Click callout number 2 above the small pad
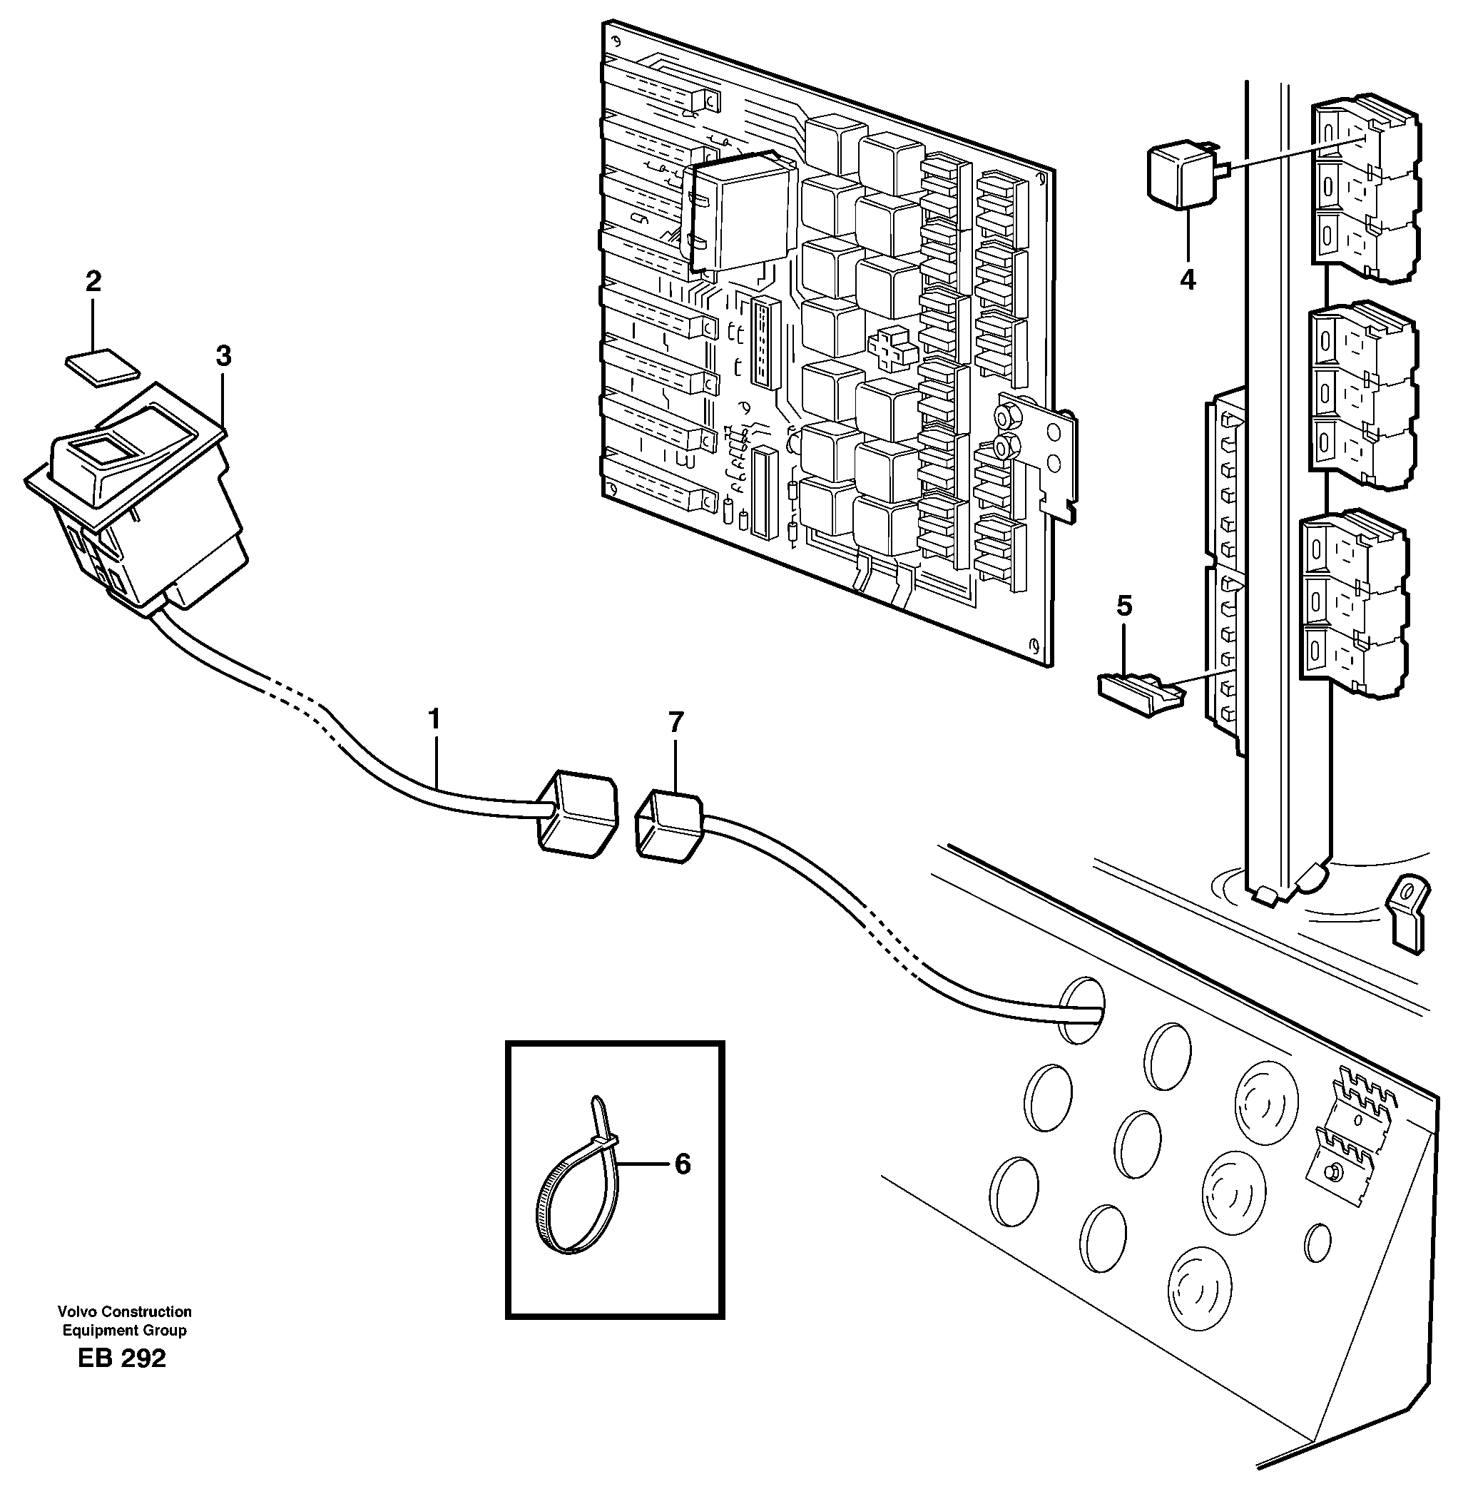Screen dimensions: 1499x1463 [x=93, y=281]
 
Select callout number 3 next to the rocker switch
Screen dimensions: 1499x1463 [x=223, y=357]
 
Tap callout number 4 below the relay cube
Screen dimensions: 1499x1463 [x=1188, y=280]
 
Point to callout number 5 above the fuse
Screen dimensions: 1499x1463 [x=1124, y=606]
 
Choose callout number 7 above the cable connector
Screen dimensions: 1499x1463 [x=676, y=723]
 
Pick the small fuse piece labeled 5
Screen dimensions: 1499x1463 [x=1139, y=694]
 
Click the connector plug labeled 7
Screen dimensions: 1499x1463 [x=668, y=826]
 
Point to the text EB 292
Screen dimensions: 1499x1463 [x=122, y=1380]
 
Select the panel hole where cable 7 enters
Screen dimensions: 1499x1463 [x=1082, y=1010]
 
